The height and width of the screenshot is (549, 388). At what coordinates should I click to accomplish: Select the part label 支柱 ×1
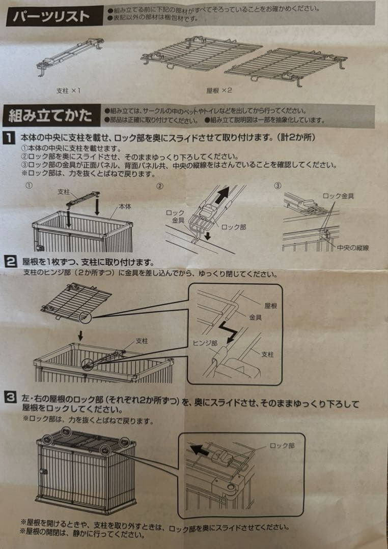69,90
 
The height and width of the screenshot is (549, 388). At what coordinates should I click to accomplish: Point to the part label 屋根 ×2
219,90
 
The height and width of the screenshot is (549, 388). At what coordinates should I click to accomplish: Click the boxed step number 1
10,137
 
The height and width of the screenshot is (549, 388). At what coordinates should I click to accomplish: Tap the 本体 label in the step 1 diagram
125,207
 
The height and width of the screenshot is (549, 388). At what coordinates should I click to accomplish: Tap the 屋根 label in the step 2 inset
271,307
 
